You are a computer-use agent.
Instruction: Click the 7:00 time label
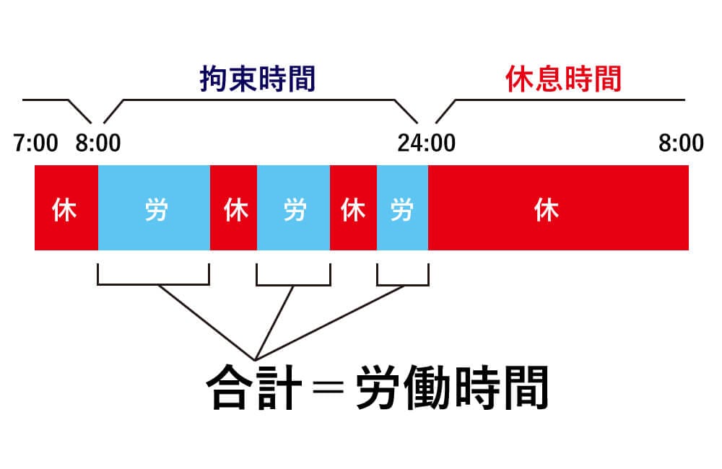click(x=35, y=143)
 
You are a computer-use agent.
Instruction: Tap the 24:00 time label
click(x=426, y=143)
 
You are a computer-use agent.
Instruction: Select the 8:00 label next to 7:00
click(x=98, y=143)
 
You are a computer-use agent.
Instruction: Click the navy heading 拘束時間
click(x=259, y=79)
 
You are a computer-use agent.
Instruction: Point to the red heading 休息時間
click(x=564, y=79)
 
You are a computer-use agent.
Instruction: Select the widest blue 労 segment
click(x=154, y=208)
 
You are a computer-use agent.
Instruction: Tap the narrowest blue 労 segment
click(x=402, y=208)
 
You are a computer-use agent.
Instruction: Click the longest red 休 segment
click(x=558, y=208)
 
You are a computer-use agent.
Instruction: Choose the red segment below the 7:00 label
click(x=66, y=208)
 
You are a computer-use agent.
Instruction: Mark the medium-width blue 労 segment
click(x=293, y=208)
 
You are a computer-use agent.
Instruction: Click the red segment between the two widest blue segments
click(x=233, y=208)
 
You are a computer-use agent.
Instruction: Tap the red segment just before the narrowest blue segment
click(x=353, y=208)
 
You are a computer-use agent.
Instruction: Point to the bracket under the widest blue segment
click(x=153, y=281)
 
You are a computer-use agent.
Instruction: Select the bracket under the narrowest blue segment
click(x=402, y=281)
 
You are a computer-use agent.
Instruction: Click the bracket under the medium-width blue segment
click(x=293, y=281)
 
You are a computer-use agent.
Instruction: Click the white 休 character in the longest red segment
click(x=547, y=211)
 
